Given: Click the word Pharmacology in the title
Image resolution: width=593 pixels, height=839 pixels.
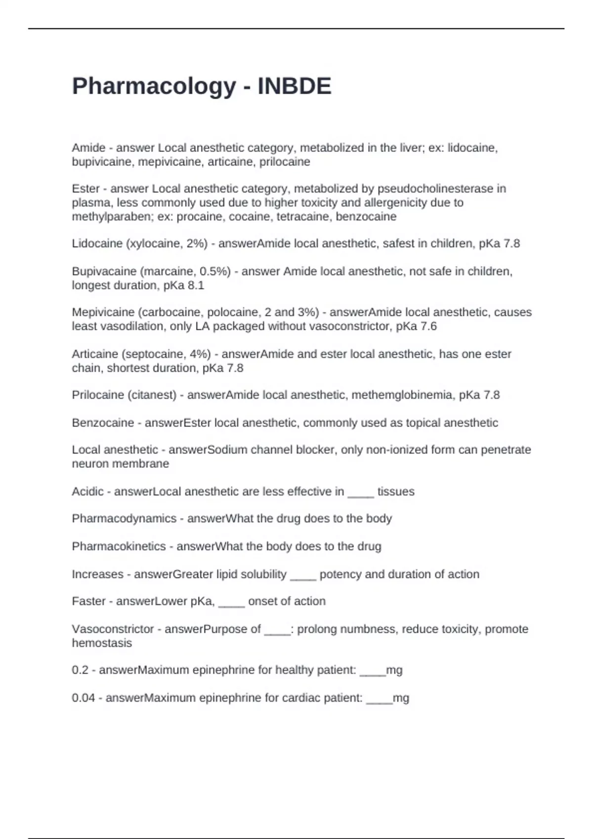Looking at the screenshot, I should coord(154,87).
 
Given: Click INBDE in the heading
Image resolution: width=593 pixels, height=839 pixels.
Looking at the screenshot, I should coord(295,87).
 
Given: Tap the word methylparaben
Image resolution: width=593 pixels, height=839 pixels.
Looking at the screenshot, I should coord(112,217).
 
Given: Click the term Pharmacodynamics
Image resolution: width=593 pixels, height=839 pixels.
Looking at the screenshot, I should coord(124,519).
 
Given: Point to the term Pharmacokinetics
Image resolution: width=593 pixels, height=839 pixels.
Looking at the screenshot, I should coord(119,546).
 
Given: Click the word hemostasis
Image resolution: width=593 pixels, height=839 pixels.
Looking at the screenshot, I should coord(102,643).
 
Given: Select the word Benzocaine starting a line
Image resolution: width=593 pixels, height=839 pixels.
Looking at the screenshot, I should coord(103,423).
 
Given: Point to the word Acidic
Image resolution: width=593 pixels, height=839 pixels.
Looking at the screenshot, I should coord(88,492).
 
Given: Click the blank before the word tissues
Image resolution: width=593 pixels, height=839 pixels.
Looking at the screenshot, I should coord(361,493).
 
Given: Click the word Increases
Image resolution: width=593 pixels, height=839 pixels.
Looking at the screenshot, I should coord(97,574).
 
